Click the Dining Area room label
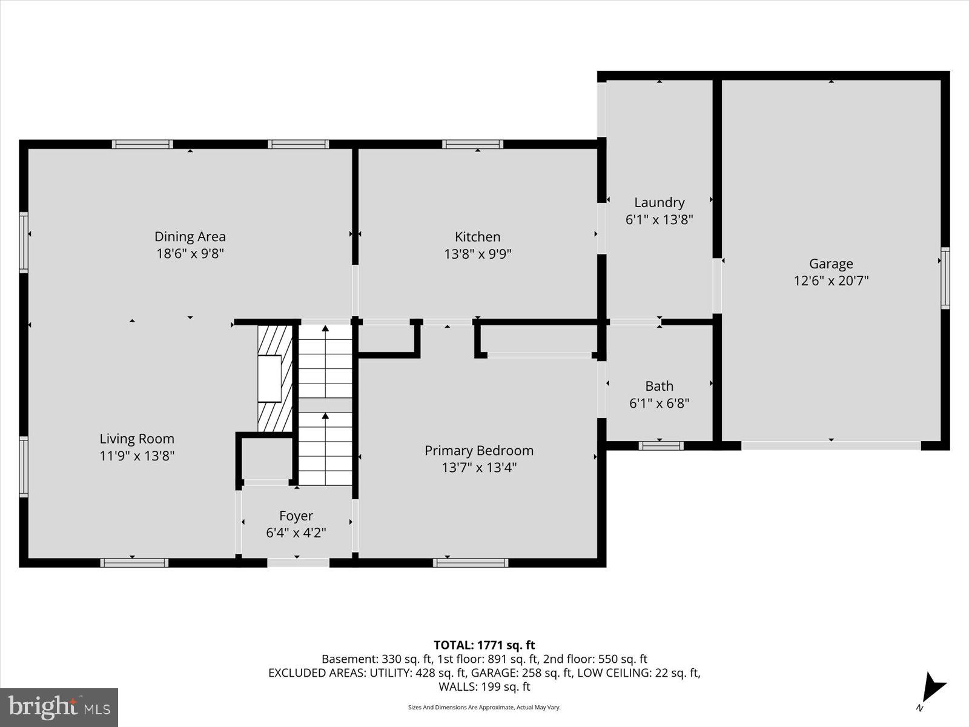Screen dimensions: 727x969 point(190,237)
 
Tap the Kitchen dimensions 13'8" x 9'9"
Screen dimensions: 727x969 point(478,254)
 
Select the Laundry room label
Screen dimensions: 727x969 point(659,202)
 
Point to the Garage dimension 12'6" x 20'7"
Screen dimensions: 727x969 point(831,281)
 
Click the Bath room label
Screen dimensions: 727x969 point(659,386)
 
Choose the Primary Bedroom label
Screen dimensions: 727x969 point(479,451)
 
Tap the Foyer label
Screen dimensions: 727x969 point(296,516)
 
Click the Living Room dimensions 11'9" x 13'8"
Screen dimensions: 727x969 point(137,456)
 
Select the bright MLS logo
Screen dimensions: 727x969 point(59,707)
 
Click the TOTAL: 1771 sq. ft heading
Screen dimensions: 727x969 point(484,645)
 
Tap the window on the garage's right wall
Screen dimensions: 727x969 point(945,278)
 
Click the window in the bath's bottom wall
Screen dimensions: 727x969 point(661,446)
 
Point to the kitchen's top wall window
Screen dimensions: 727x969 point(472,144)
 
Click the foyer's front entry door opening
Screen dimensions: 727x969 point(298,563)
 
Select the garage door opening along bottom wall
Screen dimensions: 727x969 point(831,445)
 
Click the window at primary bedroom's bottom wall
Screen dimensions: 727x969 point(471,563)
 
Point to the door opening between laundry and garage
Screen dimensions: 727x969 point(717,285)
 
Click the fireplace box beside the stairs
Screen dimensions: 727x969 point(270,379)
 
